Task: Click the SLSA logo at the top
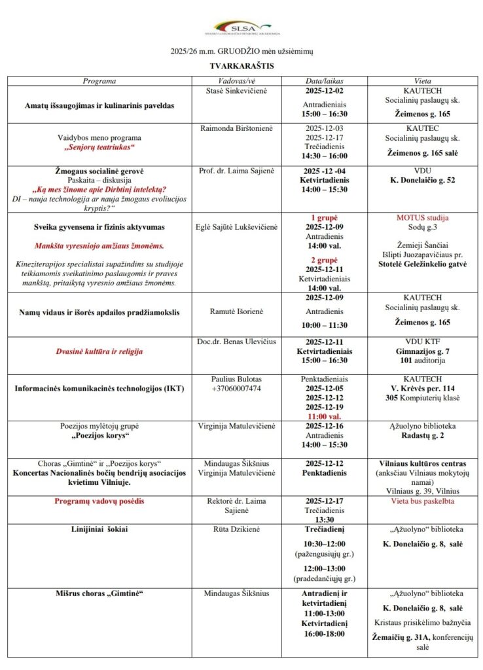click(241, 27)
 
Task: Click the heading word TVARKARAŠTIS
click(241, 66)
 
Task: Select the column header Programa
click(99, 80)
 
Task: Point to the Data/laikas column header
click(325, 80)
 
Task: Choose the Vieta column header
click(422, 80)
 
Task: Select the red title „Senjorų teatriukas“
click(99, 147)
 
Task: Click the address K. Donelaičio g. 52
click(422, 180)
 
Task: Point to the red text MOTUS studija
click(422, 217)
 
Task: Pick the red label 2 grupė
click(325, 259)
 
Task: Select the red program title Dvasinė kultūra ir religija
click(99, 351)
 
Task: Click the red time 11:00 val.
click(325, 415)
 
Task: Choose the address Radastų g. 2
click(422, 435)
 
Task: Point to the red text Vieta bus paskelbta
click(422, 501)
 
